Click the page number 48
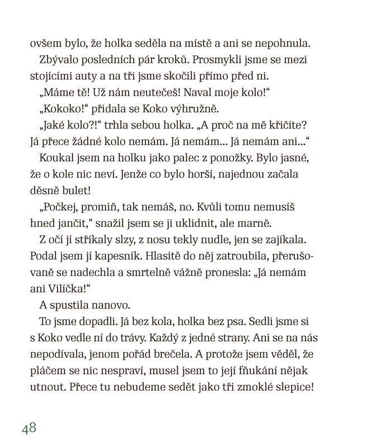pos(30,429)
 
